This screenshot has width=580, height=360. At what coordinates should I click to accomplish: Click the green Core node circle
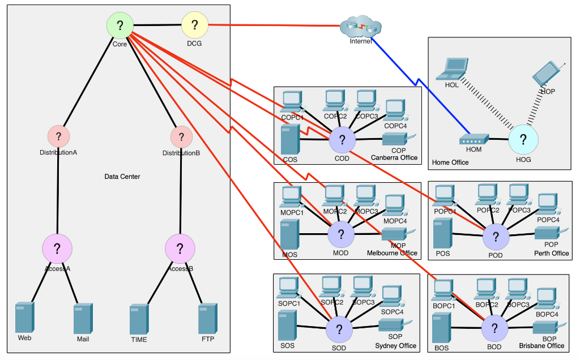(120, 25)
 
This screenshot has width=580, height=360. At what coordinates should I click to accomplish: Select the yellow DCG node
(195, 25)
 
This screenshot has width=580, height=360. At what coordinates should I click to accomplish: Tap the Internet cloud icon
(361, 27)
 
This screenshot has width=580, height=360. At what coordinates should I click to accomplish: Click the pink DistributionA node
(58, 136)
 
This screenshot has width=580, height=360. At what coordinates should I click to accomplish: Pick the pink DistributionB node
(181, 136)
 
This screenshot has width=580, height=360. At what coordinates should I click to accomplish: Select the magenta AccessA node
(57, 248)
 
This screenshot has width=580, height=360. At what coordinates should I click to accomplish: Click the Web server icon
(25, 318)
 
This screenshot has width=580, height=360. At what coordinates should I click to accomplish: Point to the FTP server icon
(208, 319)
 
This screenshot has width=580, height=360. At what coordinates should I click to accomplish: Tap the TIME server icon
(139, 319)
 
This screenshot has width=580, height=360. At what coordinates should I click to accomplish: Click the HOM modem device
(474, 139)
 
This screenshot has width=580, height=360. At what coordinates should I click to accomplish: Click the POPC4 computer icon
(547, 204)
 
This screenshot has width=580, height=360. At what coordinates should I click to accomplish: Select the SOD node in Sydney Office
(339, 330)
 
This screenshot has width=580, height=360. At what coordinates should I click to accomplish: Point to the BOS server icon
(441, 328)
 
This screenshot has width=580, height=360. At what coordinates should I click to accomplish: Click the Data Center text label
(122, 177)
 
